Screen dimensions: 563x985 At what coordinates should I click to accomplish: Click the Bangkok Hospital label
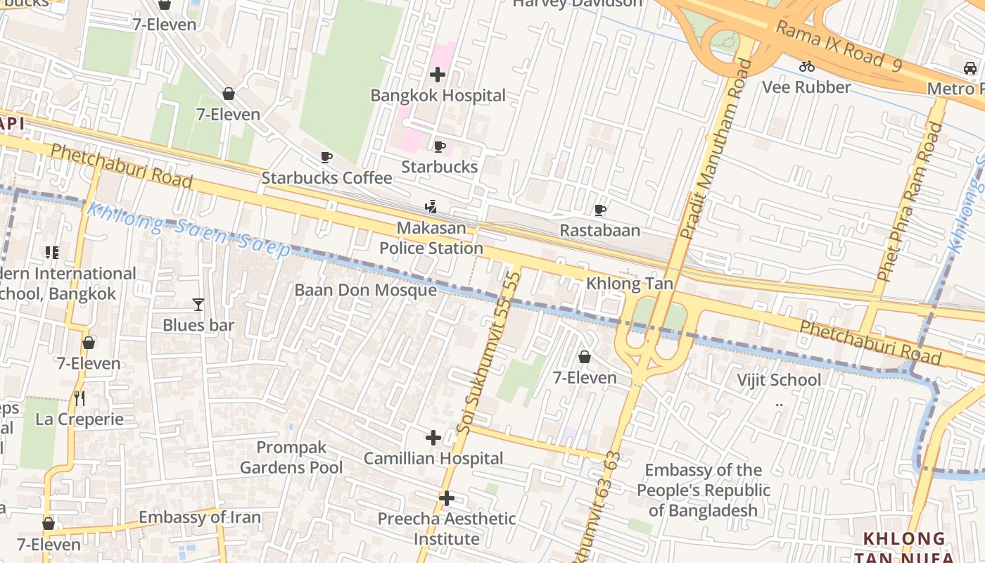coord(438,95)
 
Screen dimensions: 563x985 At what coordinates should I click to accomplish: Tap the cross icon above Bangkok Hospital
coord(438,74)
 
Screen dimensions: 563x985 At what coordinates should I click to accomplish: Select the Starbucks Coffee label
coord(326,177)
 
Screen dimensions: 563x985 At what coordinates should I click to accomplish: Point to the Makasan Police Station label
coord(431,238)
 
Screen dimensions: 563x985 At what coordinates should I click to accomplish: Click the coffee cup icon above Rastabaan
coord(600,210)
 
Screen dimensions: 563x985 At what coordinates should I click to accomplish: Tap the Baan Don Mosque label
coord(365,290)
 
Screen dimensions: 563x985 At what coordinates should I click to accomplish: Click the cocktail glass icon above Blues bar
coord(198,305)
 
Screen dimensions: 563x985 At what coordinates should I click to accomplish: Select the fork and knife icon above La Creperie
coord(80,398)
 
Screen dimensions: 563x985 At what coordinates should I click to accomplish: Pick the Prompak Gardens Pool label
coord(291,457)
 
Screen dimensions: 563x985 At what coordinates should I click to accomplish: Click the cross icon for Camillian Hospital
coord(433,438)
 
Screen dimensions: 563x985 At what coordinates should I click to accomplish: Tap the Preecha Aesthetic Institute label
coord(446,529)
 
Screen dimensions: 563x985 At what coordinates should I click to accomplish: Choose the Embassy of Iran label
coord(199,517)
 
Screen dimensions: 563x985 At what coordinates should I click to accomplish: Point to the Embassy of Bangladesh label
coord(704,490)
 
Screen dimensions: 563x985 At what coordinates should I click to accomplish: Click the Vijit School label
coord(779,380)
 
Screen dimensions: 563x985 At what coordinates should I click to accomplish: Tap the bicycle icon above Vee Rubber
coord(807,67)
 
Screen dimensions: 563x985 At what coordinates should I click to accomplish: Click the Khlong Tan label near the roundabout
coord(630,284)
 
